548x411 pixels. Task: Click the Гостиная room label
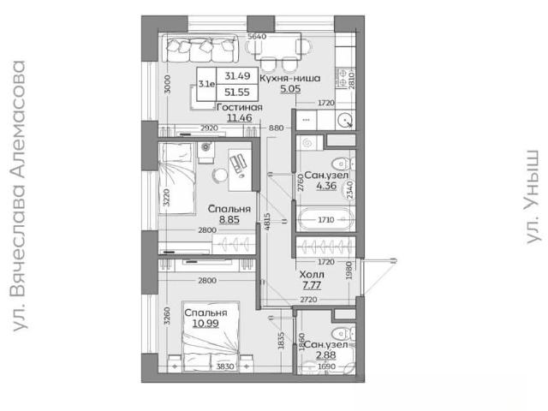pos(240,107)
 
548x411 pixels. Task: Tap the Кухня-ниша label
pos(289,78)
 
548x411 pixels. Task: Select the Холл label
pos(312,275)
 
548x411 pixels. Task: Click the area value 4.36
pos(326,186)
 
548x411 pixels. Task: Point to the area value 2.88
pos(325,355)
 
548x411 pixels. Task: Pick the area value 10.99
pos(205,324)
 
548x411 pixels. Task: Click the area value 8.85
pos(229,219)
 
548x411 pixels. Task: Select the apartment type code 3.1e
pos(206,84)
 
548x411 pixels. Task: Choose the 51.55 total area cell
pos(237,92)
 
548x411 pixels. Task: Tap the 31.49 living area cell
pos(237,76)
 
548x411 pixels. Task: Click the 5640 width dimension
pos(257,36)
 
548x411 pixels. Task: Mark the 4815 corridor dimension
pos(267,226)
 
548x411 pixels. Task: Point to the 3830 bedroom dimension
pos(225,366)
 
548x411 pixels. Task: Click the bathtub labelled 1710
pos(325,219)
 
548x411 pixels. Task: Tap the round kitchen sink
pos(345,120)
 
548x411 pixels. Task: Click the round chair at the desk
pos(220,175)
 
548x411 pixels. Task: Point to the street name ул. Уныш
pos(533,197)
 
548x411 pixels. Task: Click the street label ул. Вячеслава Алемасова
pos(19,196)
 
